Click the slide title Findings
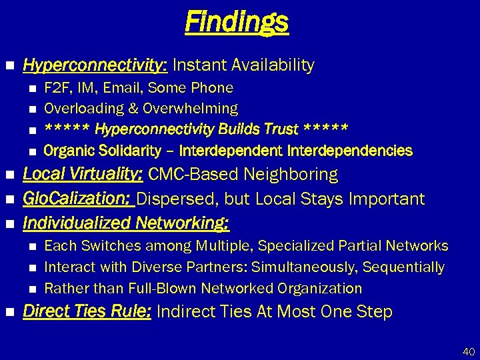coord(237,22)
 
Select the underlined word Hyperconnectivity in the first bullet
coord(95,65)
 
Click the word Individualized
coord(78,222)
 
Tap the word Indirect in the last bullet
coord(184,311)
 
